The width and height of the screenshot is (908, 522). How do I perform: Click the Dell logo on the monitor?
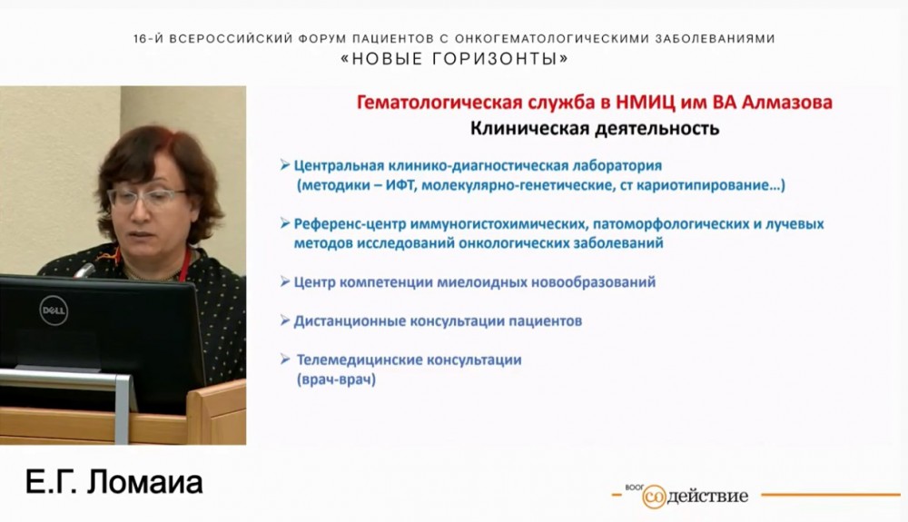[54, 310]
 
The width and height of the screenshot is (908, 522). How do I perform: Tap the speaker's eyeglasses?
[146, 197]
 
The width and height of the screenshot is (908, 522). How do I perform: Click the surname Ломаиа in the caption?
[144, 483]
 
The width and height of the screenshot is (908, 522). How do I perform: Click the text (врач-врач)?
[336, 379]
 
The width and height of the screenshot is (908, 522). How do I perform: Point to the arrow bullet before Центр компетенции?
[286, 282]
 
